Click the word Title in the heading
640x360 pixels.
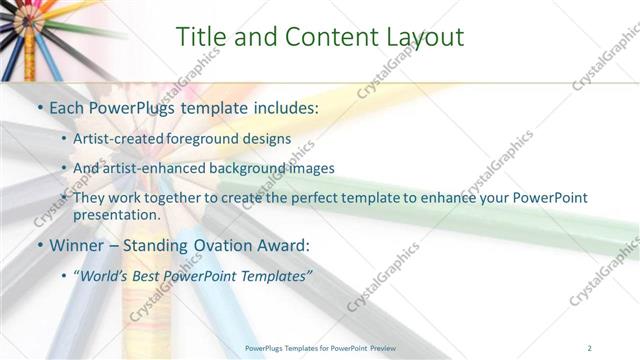200,37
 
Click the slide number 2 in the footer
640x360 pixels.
590,347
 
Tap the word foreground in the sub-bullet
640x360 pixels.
201,139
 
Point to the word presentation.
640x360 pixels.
116,215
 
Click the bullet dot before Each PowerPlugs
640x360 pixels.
39,106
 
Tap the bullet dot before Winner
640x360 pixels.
39,245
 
